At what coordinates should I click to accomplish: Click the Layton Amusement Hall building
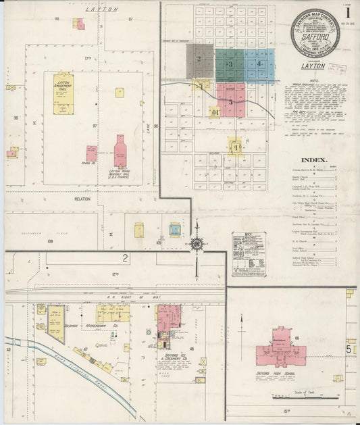pos(63,94)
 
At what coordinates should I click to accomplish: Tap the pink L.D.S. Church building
pos(120,151)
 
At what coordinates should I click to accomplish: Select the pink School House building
pos(91,153)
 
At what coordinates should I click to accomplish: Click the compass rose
pos(197,245)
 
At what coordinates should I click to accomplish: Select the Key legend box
pos(249,254)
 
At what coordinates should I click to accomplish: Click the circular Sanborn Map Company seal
pos(315,31)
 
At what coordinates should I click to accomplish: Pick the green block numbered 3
pos(230,64)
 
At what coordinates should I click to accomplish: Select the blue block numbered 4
pos(259,64)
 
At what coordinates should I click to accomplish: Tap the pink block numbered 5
pos(231,100)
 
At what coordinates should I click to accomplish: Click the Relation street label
pos(83,199)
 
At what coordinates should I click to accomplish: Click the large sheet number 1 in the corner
pos(348,12)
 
